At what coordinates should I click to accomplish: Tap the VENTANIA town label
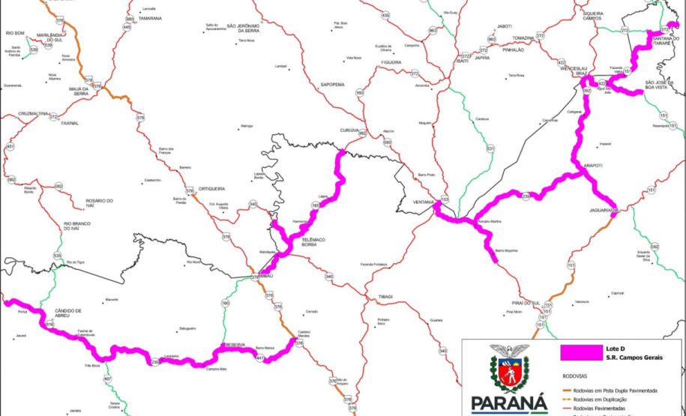425,202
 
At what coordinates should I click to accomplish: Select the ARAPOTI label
593,165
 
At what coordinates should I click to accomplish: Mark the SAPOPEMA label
331,85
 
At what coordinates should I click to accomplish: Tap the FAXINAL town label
70,122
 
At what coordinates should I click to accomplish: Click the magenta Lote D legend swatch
582,350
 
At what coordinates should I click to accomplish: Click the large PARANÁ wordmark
508,403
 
